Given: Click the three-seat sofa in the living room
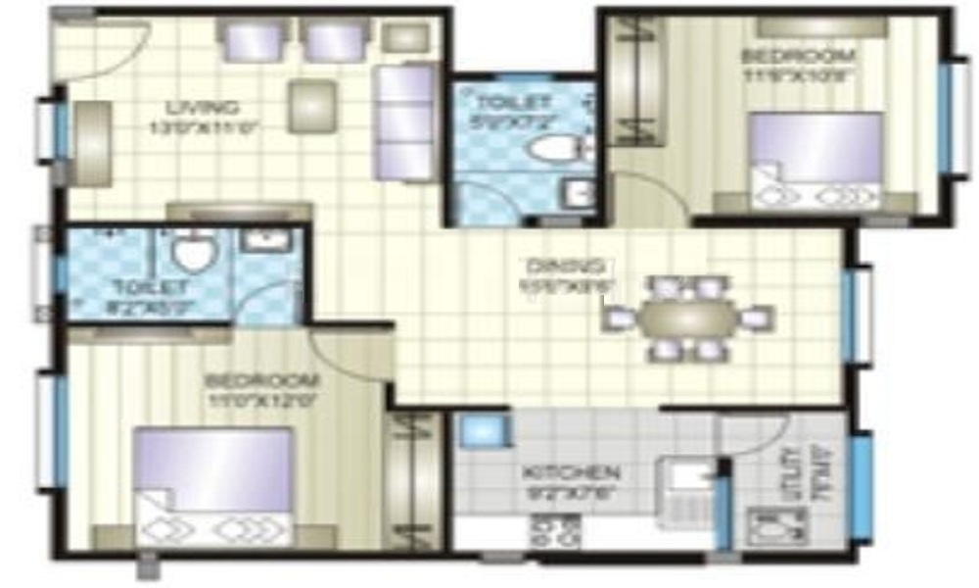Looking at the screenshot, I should coord(403,122).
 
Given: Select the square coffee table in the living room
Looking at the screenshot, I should coord(312,106).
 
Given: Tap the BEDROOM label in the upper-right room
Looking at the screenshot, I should coord(799,56).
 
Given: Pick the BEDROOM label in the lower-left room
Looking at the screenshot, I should coord(262,379).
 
